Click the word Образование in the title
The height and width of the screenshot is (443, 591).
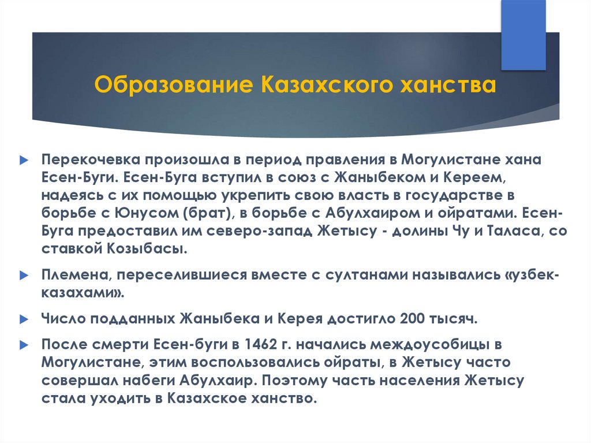(x=173, y=84)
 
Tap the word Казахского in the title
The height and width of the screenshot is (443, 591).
(x=327, y=84)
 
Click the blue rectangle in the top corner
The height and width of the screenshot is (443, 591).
(x=523, y=35)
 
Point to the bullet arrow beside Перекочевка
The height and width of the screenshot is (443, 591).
(x=24, y=160)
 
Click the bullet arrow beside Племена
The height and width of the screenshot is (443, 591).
(x=24, y=276)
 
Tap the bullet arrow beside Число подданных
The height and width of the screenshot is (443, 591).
(x=24, y=319)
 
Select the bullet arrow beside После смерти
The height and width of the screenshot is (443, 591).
(x=24, y=345)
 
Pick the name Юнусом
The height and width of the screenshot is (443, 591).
(x=147, y=213)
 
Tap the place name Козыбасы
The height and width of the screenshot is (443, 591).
(x=147, y=249)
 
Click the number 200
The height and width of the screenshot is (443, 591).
(x=412, y=319)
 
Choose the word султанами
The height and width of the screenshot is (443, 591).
(x=366, y=275)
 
